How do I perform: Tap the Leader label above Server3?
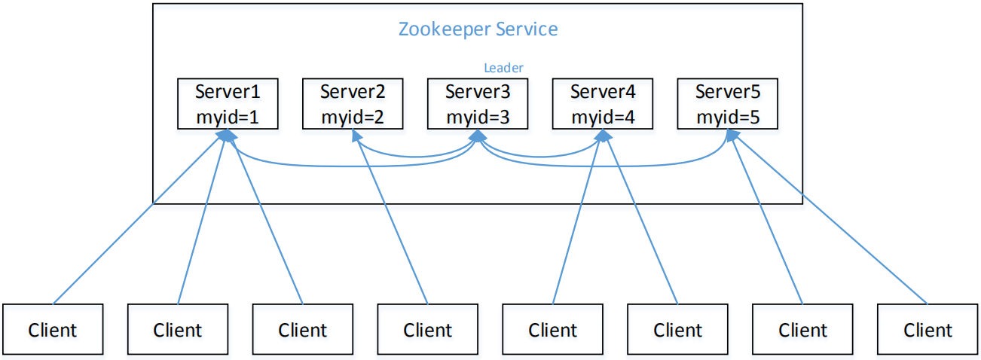[503, 68]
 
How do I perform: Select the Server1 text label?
[228, 92]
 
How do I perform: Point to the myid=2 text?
[353, 117]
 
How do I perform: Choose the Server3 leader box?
[478, 104]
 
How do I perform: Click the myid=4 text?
[603, 117]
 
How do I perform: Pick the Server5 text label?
[728, 92]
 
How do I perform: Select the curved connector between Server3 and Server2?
[416, 156]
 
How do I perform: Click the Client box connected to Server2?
[427, 329]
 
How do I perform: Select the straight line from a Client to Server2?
[391, 219]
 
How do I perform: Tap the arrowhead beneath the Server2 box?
[356, 136]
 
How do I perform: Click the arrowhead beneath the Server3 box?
[478, 136]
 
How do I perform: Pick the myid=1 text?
[228, 117]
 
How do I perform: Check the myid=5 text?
[728, 117]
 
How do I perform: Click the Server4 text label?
[603, 92]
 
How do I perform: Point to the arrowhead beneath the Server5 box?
[732, 136]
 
